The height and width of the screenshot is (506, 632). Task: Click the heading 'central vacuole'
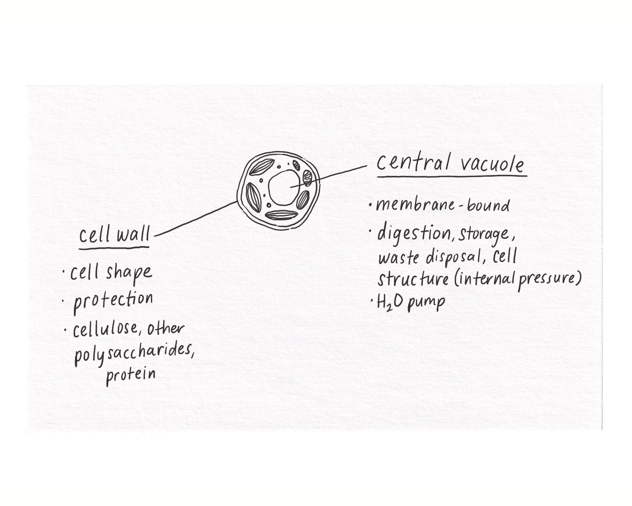pos(450,164)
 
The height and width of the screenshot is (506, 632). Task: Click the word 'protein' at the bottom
pos(131,374)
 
